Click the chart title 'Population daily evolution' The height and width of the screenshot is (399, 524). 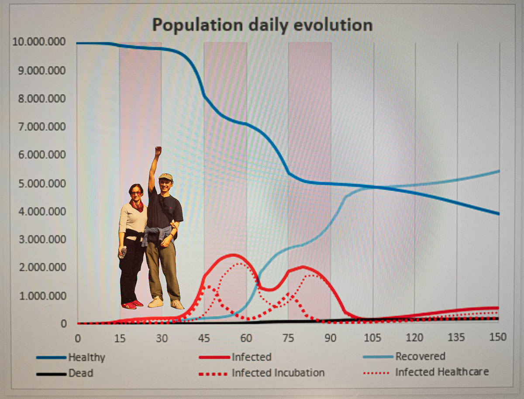point(262,25)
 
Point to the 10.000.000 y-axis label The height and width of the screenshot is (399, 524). point(39,41)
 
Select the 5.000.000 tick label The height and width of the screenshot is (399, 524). point(42,183)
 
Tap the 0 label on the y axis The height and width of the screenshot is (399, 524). point(63,323)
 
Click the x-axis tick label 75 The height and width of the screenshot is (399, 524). point(288,338)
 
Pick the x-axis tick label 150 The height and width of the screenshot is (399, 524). point(498,337)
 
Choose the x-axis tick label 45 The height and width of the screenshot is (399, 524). point(204,338)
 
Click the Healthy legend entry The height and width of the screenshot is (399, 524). point(71,357)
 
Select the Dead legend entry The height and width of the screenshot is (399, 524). point(65,373)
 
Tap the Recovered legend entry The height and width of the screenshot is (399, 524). point(404,356)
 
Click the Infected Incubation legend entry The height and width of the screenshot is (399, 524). point(262,373)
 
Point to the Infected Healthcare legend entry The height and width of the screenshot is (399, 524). point(426,372)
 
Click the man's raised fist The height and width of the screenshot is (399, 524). point(158,151)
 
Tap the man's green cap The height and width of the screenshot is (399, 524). point(165,177)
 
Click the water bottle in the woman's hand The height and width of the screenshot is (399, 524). point(122,252)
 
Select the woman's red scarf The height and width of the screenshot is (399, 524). point(137,206)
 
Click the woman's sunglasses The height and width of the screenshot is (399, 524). point(136,193)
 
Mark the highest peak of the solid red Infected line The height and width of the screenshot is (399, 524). point(233,255)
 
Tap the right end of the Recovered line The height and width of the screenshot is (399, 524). point(499,171)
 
